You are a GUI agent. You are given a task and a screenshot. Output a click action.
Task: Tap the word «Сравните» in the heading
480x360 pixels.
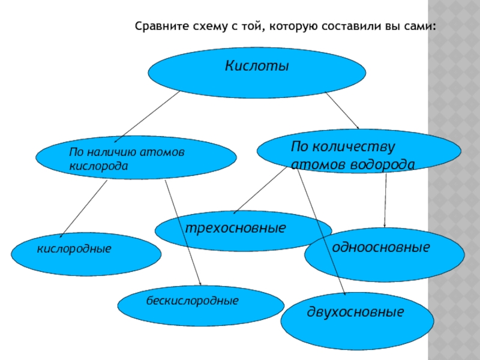point(158,27)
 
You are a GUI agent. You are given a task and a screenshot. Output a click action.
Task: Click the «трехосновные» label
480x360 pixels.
point(235,229)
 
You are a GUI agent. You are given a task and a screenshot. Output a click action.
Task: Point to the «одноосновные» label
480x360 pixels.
point(381,247)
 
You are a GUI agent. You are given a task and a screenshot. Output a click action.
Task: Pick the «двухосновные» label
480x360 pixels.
point(355,312)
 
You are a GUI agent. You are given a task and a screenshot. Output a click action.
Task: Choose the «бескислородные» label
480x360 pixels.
point(192,299)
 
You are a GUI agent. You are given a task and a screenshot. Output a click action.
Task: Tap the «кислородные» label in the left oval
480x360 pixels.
point(74,247)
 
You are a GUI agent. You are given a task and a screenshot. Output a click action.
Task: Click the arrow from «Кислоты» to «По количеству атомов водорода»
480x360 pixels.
point(342,110)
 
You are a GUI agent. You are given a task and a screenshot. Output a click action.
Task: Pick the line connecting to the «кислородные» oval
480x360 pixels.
point(84,207)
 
